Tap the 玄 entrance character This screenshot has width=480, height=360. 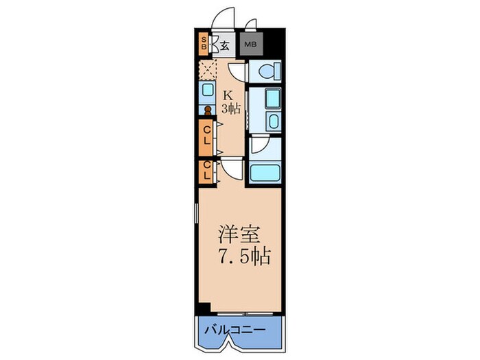[224, 46]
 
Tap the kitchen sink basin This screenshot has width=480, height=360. [207, 89]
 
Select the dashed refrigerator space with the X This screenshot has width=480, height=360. [207, 70]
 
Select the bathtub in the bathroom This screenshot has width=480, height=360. [265, 171]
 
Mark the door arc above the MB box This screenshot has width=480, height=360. [250, 26]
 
